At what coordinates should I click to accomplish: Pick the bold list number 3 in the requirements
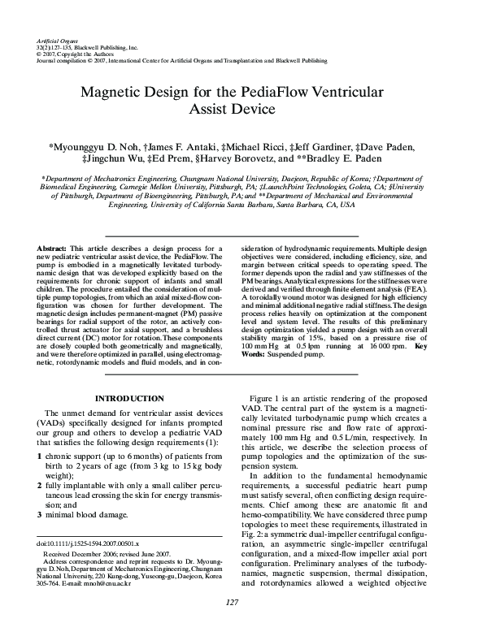tap(41, 514)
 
